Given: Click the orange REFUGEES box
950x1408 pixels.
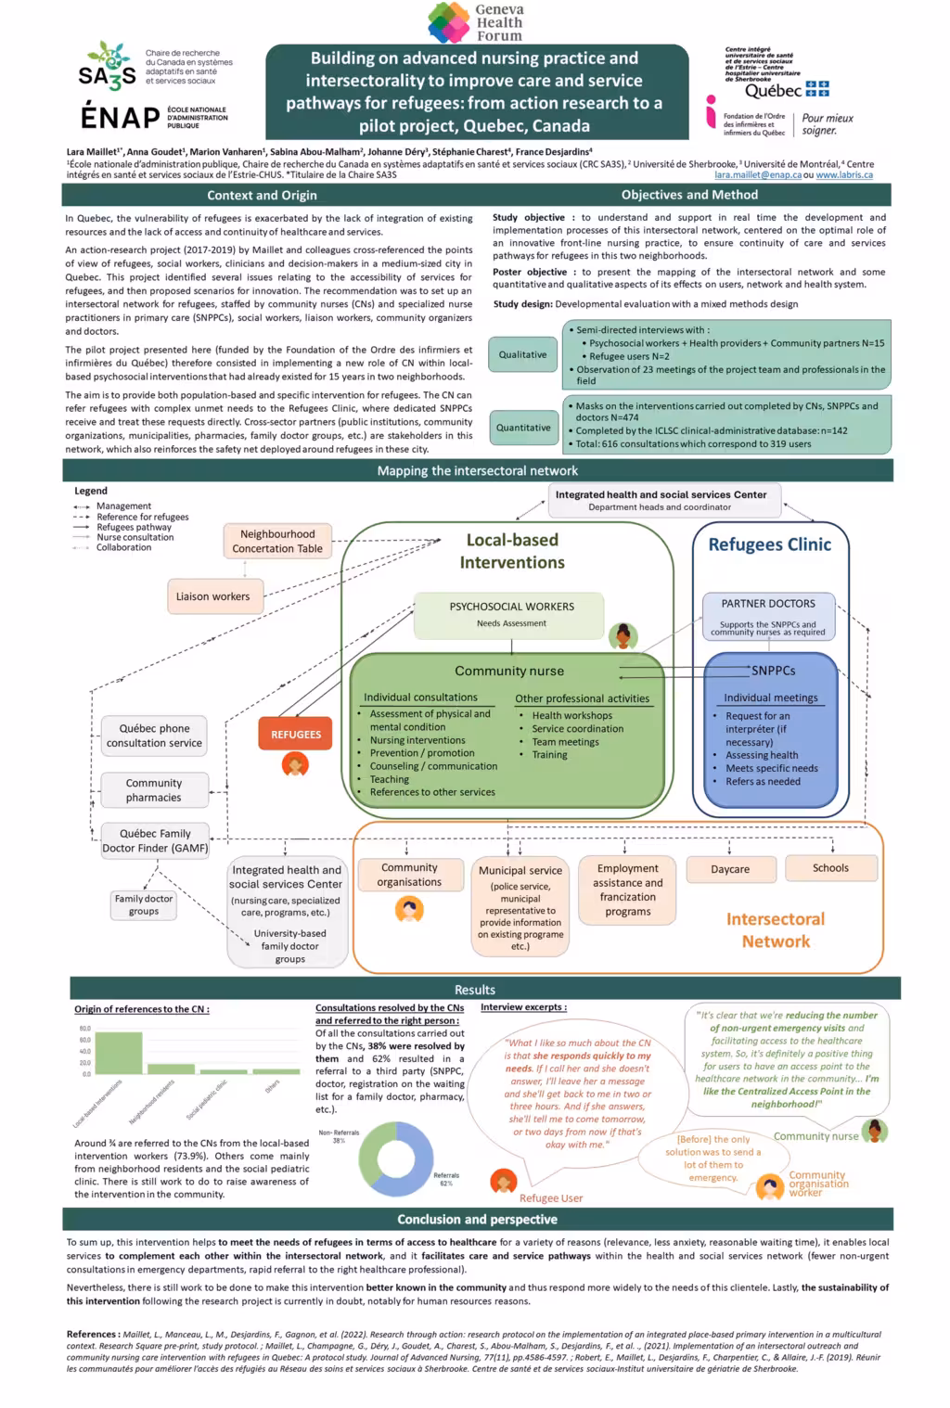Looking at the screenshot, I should pyautogui.click(x=295, y=734).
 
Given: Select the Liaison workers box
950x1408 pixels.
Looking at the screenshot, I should pyautogui.click(x=212, y=596).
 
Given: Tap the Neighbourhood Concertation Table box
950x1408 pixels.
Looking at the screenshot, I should pyautogui.click(x=277, y=541).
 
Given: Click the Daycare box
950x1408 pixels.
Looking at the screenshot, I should pyautogui.click(x=730, y=869).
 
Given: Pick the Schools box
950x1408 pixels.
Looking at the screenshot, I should pyautogui.click(x=830, y=868).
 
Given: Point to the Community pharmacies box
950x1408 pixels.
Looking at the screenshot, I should pyautogui.click(x=154, y=790).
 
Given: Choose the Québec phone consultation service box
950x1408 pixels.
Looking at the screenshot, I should pyautogui.click(x=154, y=736).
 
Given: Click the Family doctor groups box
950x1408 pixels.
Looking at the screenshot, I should pyautogui.click(x=144, y=904).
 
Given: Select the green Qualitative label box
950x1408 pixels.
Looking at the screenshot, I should pyautogui.click(x=522, y=354).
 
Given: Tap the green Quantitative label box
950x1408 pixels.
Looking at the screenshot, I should pyautogui.click(x=522, y=428).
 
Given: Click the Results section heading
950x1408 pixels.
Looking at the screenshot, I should pyautogui.click(x=475, y=989).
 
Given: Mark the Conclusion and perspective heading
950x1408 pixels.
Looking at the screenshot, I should pyautogui.click(x=477, y=1219).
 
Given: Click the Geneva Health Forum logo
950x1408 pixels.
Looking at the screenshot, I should pyautogui.click(x=476, y=22).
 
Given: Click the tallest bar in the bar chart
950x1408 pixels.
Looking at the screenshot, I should pyautogui.click(x=119, y=1052).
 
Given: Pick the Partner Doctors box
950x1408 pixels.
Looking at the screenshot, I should pyautogui.click(x=768, y=615).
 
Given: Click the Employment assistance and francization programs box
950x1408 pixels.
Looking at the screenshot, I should pyautogui.click(x=628, y=890).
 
